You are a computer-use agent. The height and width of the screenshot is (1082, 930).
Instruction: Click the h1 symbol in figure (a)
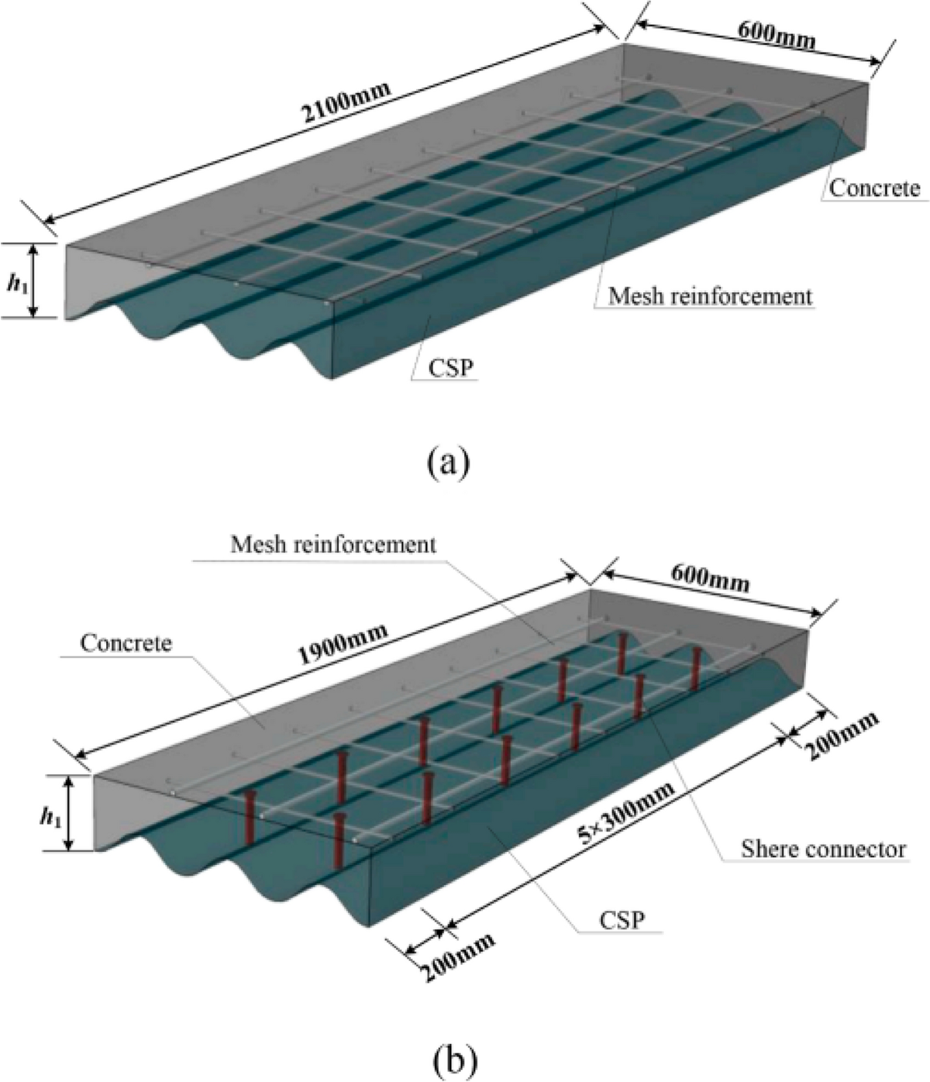[x=15, y=284]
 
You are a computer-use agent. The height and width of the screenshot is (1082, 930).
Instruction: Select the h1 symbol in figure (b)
[x=52, y=815]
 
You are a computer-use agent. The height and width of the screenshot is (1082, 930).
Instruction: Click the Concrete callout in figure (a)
[x=874, y=188]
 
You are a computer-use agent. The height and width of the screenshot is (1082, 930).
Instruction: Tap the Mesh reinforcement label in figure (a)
[x=710, y=295]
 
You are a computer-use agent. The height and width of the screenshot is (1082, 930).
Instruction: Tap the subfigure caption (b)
[x=448, y=1057]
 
